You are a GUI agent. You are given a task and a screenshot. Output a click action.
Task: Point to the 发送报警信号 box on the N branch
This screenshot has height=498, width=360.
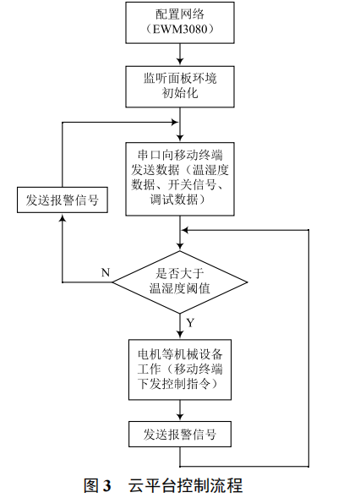63,200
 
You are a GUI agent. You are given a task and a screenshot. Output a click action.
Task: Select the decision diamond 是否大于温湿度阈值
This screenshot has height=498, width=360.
179,281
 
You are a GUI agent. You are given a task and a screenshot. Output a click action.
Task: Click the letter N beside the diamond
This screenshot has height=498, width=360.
106,272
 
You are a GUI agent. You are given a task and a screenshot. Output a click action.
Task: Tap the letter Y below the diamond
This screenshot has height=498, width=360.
190,323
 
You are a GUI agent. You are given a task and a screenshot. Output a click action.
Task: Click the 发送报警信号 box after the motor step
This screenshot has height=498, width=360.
179,435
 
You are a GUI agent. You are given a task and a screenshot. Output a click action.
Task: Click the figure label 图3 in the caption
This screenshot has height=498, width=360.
98,485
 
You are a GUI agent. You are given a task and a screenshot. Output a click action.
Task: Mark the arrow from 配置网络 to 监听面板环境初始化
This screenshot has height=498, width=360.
179,56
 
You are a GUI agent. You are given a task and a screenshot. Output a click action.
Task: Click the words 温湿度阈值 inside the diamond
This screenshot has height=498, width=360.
179,288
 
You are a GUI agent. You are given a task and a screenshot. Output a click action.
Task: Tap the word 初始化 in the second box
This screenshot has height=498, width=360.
179,93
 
